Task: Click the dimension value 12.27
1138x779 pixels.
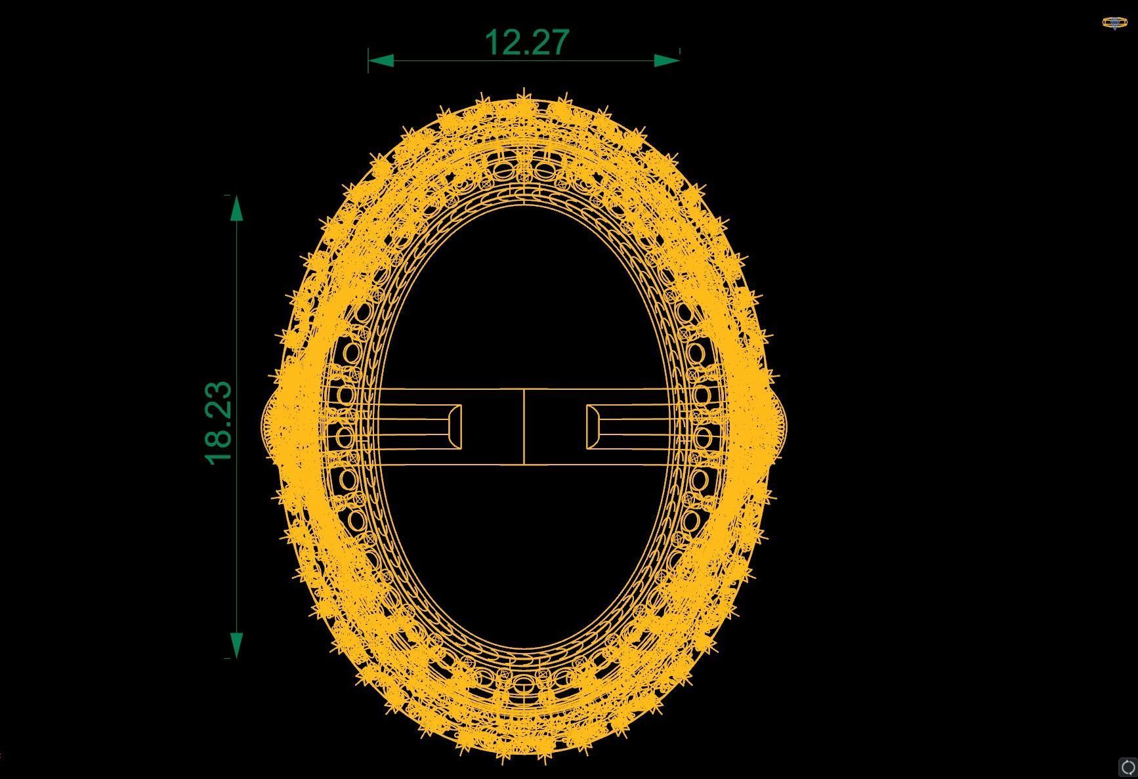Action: click(x=526, y=42)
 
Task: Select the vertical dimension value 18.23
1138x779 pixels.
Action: click(x=219, y=423)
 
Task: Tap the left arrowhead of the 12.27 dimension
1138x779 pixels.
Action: click(x=381, y=61)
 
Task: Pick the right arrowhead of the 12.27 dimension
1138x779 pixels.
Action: click(x=667, y=61)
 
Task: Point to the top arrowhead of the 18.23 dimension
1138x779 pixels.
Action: click(x=236, y=209)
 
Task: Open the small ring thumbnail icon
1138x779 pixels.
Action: click(x=1114, y=23)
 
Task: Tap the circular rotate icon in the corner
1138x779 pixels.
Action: click(x=1127, y=767)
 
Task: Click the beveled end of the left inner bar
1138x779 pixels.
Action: click(x=454, y=427)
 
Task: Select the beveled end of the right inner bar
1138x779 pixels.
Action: click(x=593, y=427)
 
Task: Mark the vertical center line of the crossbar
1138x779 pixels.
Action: click(x=524, y=427)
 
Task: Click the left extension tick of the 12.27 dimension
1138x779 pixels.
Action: click(x=368, y=60)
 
